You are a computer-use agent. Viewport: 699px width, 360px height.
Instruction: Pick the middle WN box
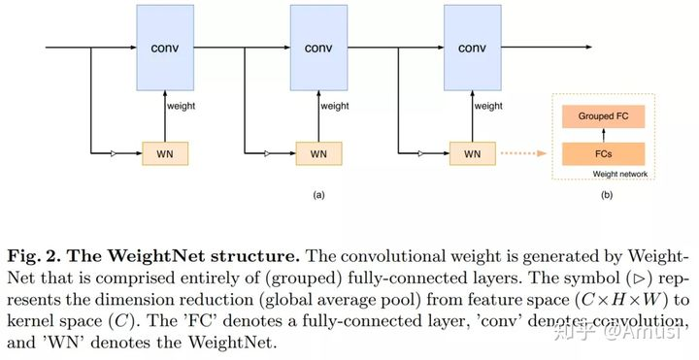[319, 152]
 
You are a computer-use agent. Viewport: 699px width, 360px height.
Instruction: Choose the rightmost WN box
[473, 152]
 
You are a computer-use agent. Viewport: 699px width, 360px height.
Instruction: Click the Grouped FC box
[603, 115]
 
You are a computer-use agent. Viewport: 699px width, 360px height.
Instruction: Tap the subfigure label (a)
[318, 195]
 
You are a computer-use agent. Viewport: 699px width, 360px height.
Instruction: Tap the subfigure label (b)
[608, 195]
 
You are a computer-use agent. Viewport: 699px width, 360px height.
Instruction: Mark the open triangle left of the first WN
[114, 152]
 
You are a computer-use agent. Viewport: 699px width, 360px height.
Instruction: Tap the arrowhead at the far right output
[586, 47]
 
